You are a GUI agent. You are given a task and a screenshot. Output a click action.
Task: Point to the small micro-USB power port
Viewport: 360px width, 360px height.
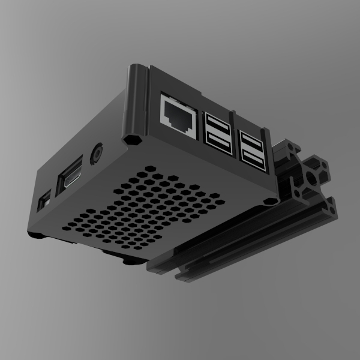tap(44, 201)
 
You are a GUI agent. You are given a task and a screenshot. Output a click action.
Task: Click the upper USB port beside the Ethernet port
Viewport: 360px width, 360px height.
tap(217, 122)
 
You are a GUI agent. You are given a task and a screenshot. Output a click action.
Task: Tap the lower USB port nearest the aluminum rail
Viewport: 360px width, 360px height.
tap(254, 158)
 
